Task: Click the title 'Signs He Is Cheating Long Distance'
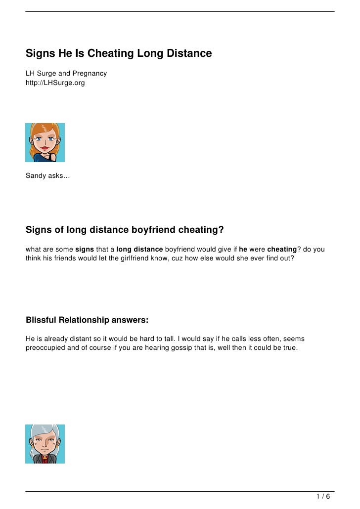click(119, 53)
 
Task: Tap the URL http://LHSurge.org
click(55, 83)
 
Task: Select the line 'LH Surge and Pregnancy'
click(66, 74)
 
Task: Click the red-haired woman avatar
click(45, 142)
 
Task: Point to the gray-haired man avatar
click(45, 444)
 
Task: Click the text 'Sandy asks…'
click(48, 175)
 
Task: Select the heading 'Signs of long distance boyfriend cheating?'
click(125, 230)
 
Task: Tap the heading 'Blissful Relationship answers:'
click(87, 320)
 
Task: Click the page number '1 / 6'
click(323, 497)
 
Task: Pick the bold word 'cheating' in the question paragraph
click(282, 249)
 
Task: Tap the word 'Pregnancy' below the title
click(90, 74)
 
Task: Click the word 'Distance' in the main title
click(189, 53)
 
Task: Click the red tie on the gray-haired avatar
click(45, 458)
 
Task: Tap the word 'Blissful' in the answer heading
click(41, 320)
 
